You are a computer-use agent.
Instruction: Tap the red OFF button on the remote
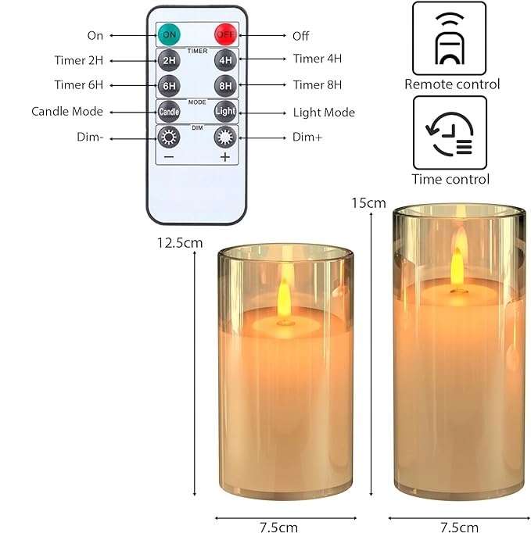[x=224, y=35]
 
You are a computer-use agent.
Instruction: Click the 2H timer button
[x=168, y=59]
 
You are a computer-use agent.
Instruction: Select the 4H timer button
[x=225, y=59]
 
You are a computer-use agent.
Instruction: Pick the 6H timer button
[x=168, y=84]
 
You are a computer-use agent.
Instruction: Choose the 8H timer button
[x=225, y=84]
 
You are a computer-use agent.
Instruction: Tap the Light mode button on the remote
[x=225, y=111]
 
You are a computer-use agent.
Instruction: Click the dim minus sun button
[x=168, y=138]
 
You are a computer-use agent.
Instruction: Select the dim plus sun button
[x=225, y=138]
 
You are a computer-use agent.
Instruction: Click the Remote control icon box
[x=449, y=38]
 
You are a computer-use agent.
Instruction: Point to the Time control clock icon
[x=449, y=132]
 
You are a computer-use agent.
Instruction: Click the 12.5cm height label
[x=179, y=242]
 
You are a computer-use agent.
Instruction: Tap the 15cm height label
[x=368, y=203]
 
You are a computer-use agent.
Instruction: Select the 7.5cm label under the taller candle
[x=458, y=526]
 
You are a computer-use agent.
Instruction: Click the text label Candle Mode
[x=67, y=111]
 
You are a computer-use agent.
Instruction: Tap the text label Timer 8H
[x=317, y=84]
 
